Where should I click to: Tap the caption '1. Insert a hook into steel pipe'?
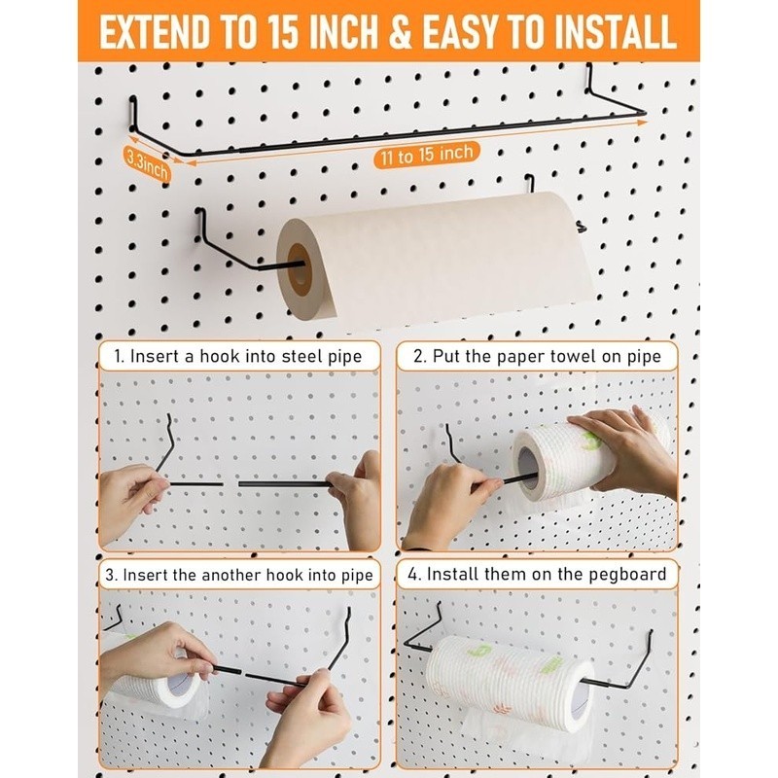pyautogui.click(x=238, y=357)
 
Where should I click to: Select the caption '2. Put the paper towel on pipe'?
pyautogui.click(x=538, y=357)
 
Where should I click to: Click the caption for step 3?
pyautogui.click(x=239, y=575)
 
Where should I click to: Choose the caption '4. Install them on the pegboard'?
pyautogui.click(x=538, y=574)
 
